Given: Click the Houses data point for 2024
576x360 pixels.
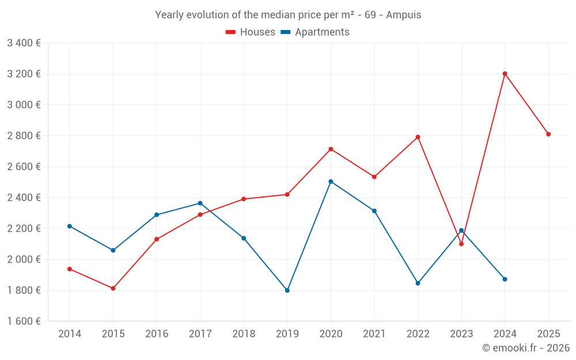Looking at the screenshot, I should point(505,74).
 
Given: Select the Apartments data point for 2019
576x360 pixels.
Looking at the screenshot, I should point(287,290).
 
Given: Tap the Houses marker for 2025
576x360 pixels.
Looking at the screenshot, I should point(548,134).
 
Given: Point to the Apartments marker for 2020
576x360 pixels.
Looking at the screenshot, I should point(331,181).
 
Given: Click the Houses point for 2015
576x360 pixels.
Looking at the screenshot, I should point(113,288).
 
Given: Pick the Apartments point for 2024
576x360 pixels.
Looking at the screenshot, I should point(505,279).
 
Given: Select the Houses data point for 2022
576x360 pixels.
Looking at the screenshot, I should point(418,137).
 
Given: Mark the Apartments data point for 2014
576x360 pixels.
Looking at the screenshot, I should point(70,226).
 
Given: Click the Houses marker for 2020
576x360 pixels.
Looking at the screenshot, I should point(331,149).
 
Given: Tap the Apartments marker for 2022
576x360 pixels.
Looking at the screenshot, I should point(418,283).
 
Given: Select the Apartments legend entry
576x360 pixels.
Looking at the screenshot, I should point(315,32).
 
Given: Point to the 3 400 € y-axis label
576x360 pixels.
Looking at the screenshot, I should point(24,43).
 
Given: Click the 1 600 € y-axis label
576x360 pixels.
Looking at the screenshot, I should point(24,321).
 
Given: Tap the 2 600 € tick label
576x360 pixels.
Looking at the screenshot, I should point(24,166).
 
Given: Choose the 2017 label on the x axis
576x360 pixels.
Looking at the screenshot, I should point(200,334).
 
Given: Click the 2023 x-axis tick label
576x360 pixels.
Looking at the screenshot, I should point(461,334).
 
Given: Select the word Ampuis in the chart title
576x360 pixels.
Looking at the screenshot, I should point(403,15).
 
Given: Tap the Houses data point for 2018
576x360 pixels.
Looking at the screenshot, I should point(244,199).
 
